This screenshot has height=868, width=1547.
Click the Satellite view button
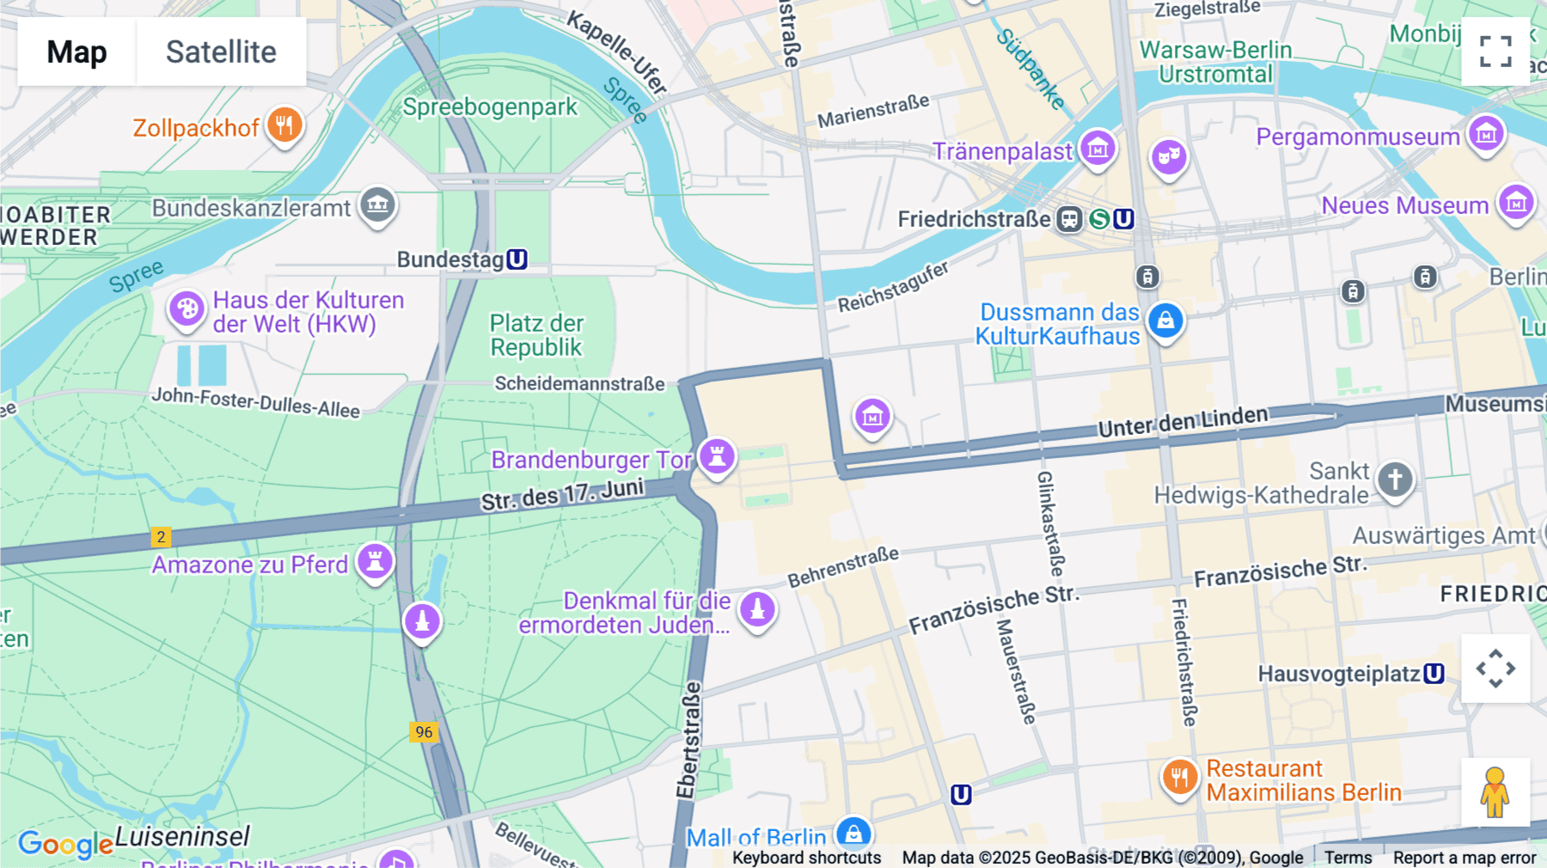221,52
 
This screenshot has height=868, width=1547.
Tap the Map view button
76,52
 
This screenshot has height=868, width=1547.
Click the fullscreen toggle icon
1495,52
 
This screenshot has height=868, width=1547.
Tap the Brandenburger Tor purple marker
717,455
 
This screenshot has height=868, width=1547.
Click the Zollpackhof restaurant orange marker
284,125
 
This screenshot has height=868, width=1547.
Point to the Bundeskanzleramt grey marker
377,205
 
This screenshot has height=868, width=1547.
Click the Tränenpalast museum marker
1098,149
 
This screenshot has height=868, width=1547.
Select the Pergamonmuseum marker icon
1486,134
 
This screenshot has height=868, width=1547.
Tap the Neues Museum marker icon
1516,203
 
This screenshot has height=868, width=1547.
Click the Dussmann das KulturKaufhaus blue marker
1165,321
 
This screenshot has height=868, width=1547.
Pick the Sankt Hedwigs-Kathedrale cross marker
1395,478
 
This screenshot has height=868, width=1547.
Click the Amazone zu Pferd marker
375,561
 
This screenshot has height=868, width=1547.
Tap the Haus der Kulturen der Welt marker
186,309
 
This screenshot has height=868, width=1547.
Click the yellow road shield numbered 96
424,732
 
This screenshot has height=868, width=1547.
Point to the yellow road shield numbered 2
161,537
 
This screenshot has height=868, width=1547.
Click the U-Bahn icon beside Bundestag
517,260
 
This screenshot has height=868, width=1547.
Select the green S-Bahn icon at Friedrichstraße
1099,219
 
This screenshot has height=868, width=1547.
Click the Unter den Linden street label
1183,421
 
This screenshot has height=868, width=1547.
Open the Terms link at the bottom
1348,858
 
